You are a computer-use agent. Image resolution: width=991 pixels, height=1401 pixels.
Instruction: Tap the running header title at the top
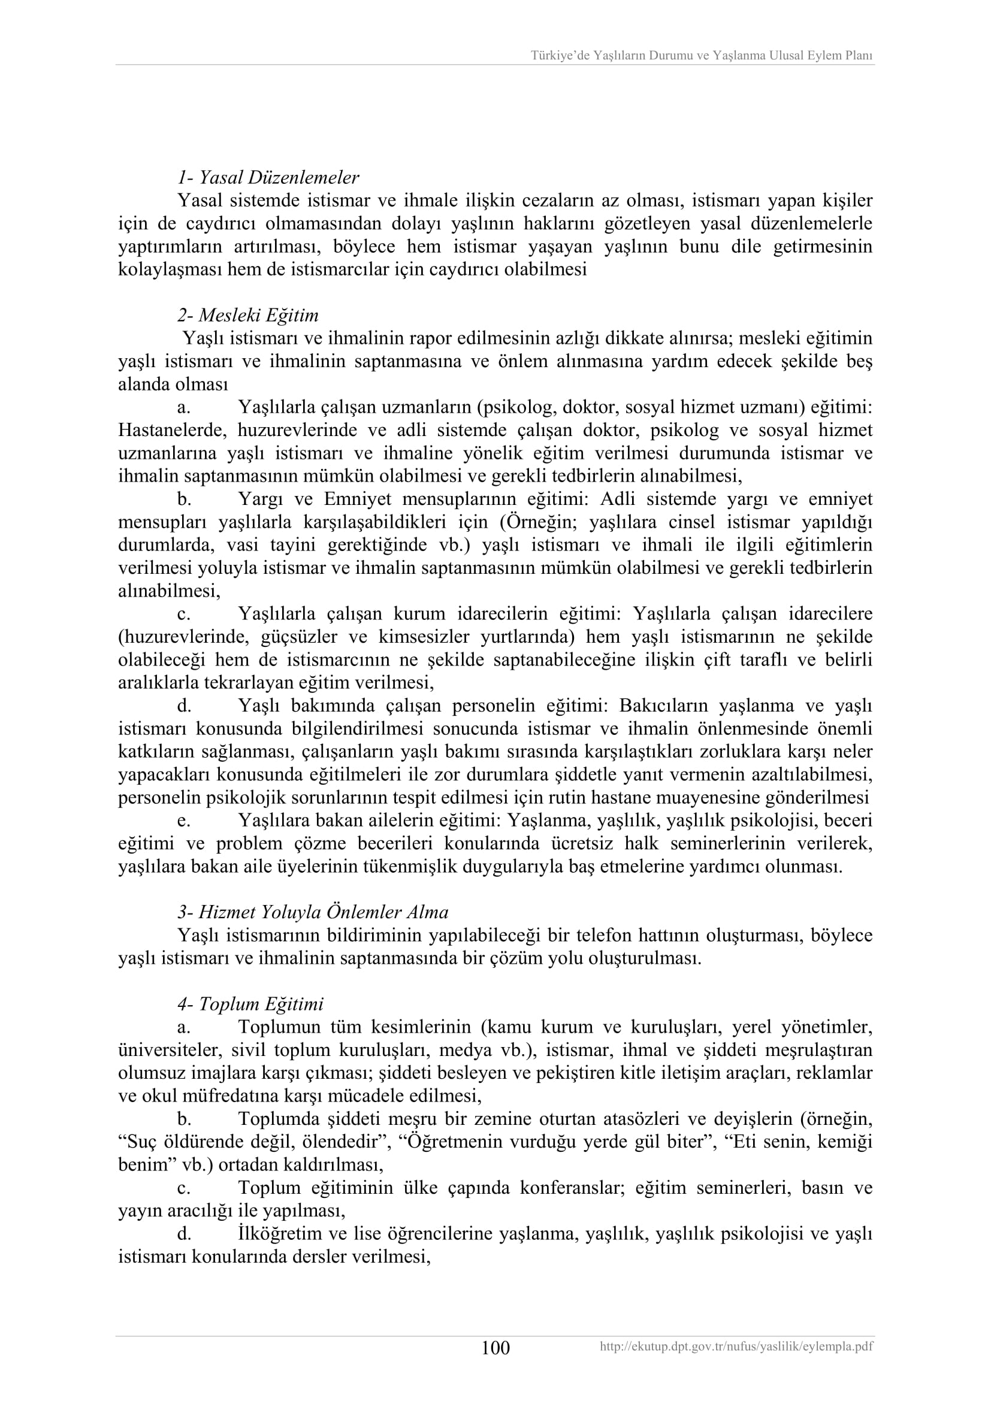[x=701, y=56]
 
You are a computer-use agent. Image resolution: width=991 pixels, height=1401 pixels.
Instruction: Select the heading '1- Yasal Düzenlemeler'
[x=268, y=177]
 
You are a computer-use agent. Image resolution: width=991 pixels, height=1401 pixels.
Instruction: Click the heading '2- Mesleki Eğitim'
[x=249, y=316]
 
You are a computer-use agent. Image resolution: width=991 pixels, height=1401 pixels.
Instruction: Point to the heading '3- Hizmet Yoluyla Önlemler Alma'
[x=313, y=912]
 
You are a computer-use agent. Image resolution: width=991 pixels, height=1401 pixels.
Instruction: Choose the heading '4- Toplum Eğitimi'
[x=251, y=1004]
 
